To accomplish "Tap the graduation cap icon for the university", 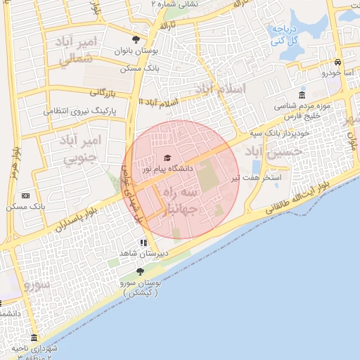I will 167,157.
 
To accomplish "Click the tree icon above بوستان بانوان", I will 136,40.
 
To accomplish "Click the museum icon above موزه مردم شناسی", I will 302,96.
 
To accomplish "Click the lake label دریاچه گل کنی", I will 286,35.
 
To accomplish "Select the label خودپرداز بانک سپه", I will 273,131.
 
